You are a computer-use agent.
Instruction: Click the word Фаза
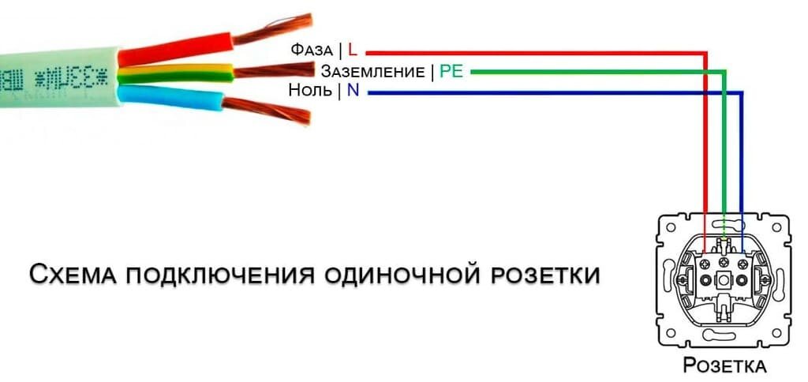click(x=311, y=50)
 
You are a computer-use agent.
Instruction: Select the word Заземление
click(x=372, y=72)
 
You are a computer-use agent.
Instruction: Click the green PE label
click(x=451, y=72)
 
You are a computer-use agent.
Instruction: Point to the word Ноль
click(x=309, y=92)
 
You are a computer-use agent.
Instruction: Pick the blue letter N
click(x=352, y=92)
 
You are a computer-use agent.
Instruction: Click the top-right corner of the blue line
click(x=742, y=93)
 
